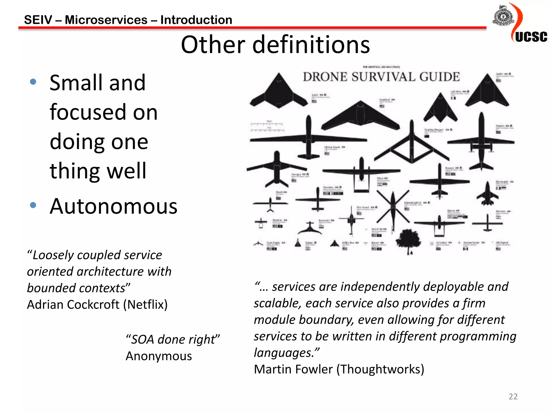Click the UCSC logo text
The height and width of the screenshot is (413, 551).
point(531,37)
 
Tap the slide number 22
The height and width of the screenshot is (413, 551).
point(513,396)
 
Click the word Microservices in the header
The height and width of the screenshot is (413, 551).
point(106,20)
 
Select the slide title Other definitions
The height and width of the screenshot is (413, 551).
point(275,45)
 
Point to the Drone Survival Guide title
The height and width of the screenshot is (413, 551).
point(381,77)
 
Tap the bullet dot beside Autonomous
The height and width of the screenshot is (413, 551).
point(33,205)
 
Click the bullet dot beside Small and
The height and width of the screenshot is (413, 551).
point(33,82)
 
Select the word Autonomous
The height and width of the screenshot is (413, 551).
point(114,206)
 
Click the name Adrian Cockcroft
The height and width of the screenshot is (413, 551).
point(73,305)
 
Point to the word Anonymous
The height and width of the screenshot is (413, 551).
point(159,356)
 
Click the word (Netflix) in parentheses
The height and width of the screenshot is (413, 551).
point(145,305)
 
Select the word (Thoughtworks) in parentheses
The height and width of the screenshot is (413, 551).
point(380,369)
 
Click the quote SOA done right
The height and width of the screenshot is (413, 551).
point(173,339)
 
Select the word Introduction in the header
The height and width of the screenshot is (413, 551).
point(196,20)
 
